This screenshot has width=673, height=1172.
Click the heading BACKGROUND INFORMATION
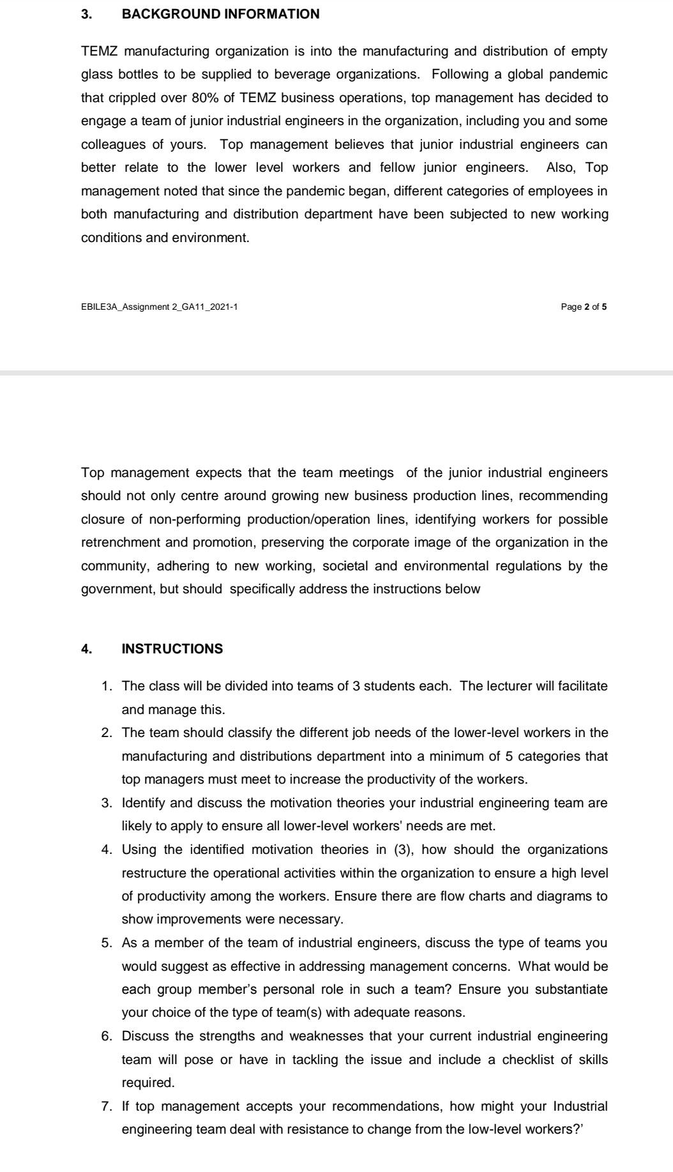(220, 14)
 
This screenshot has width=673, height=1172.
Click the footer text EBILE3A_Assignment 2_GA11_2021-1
(160, 307)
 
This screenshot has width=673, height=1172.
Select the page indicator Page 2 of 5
(584, 307)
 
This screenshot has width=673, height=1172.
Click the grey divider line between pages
(336, 372)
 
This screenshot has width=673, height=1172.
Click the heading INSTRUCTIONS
(172, 649)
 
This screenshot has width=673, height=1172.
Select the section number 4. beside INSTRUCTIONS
(86, 649)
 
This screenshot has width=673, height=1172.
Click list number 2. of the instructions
(108, 733)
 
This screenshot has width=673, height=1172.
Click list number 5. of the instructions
(108, 943)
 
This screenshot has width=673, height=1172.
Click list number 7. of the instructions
(108, 1106)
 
